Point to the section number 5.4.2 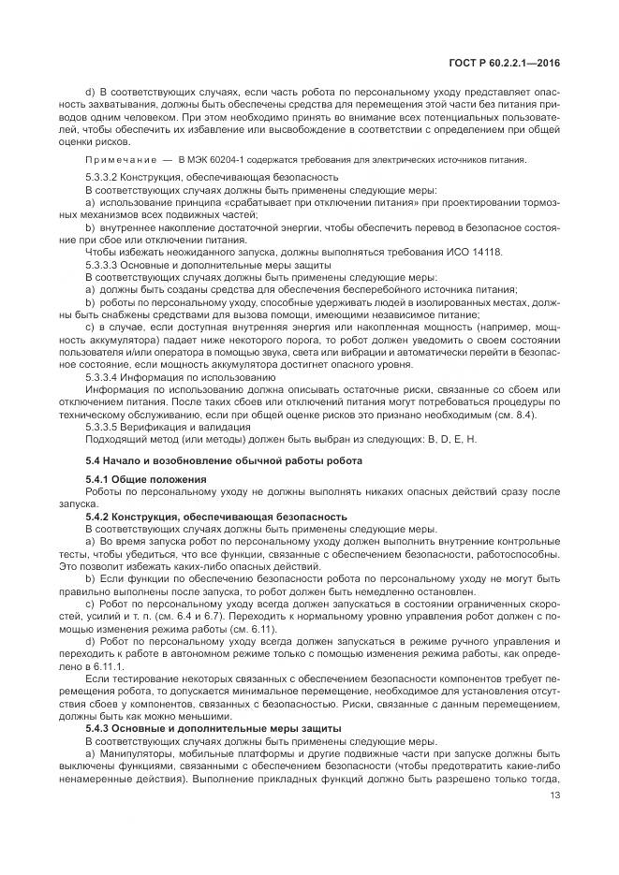[x=98, y=515]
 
